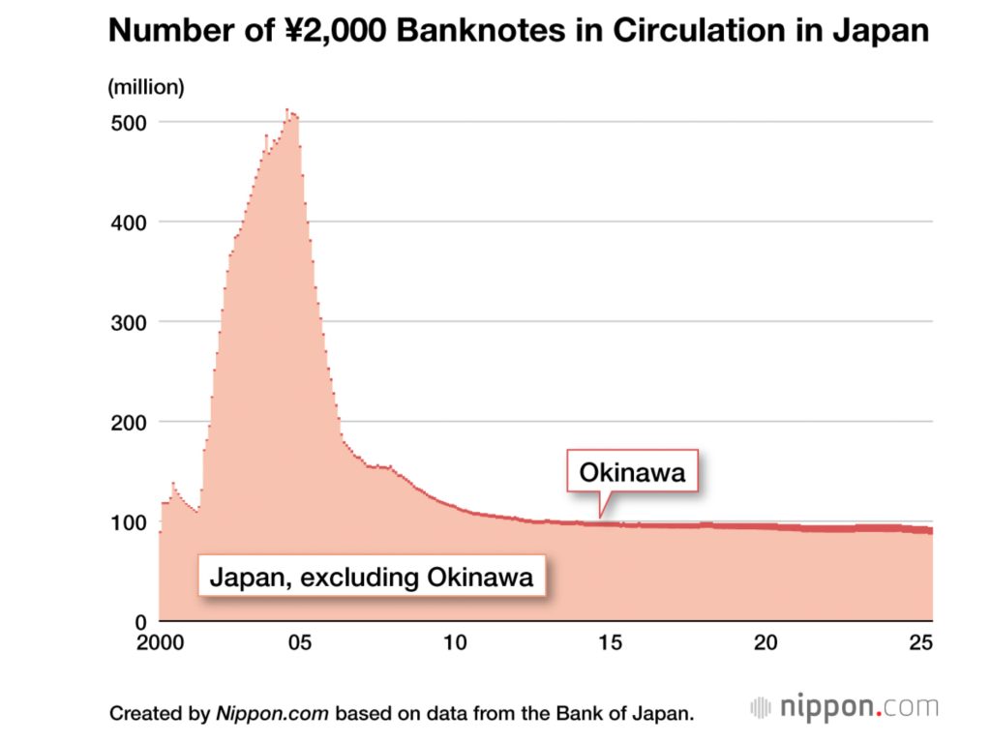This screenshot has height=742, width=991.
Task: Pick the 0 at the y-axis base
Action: click(x=139, y=622)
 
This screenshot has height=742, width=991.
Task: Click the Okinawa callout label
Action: click(x=632, y=473)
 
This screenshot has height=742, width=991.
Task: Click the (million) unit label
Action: click(x=145, y=87)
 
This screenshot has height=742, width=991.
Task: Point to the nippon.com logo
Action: click(x=845, y=707)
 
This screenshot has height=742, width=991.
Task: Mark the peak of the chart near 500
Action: click(x=287, y=111)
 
